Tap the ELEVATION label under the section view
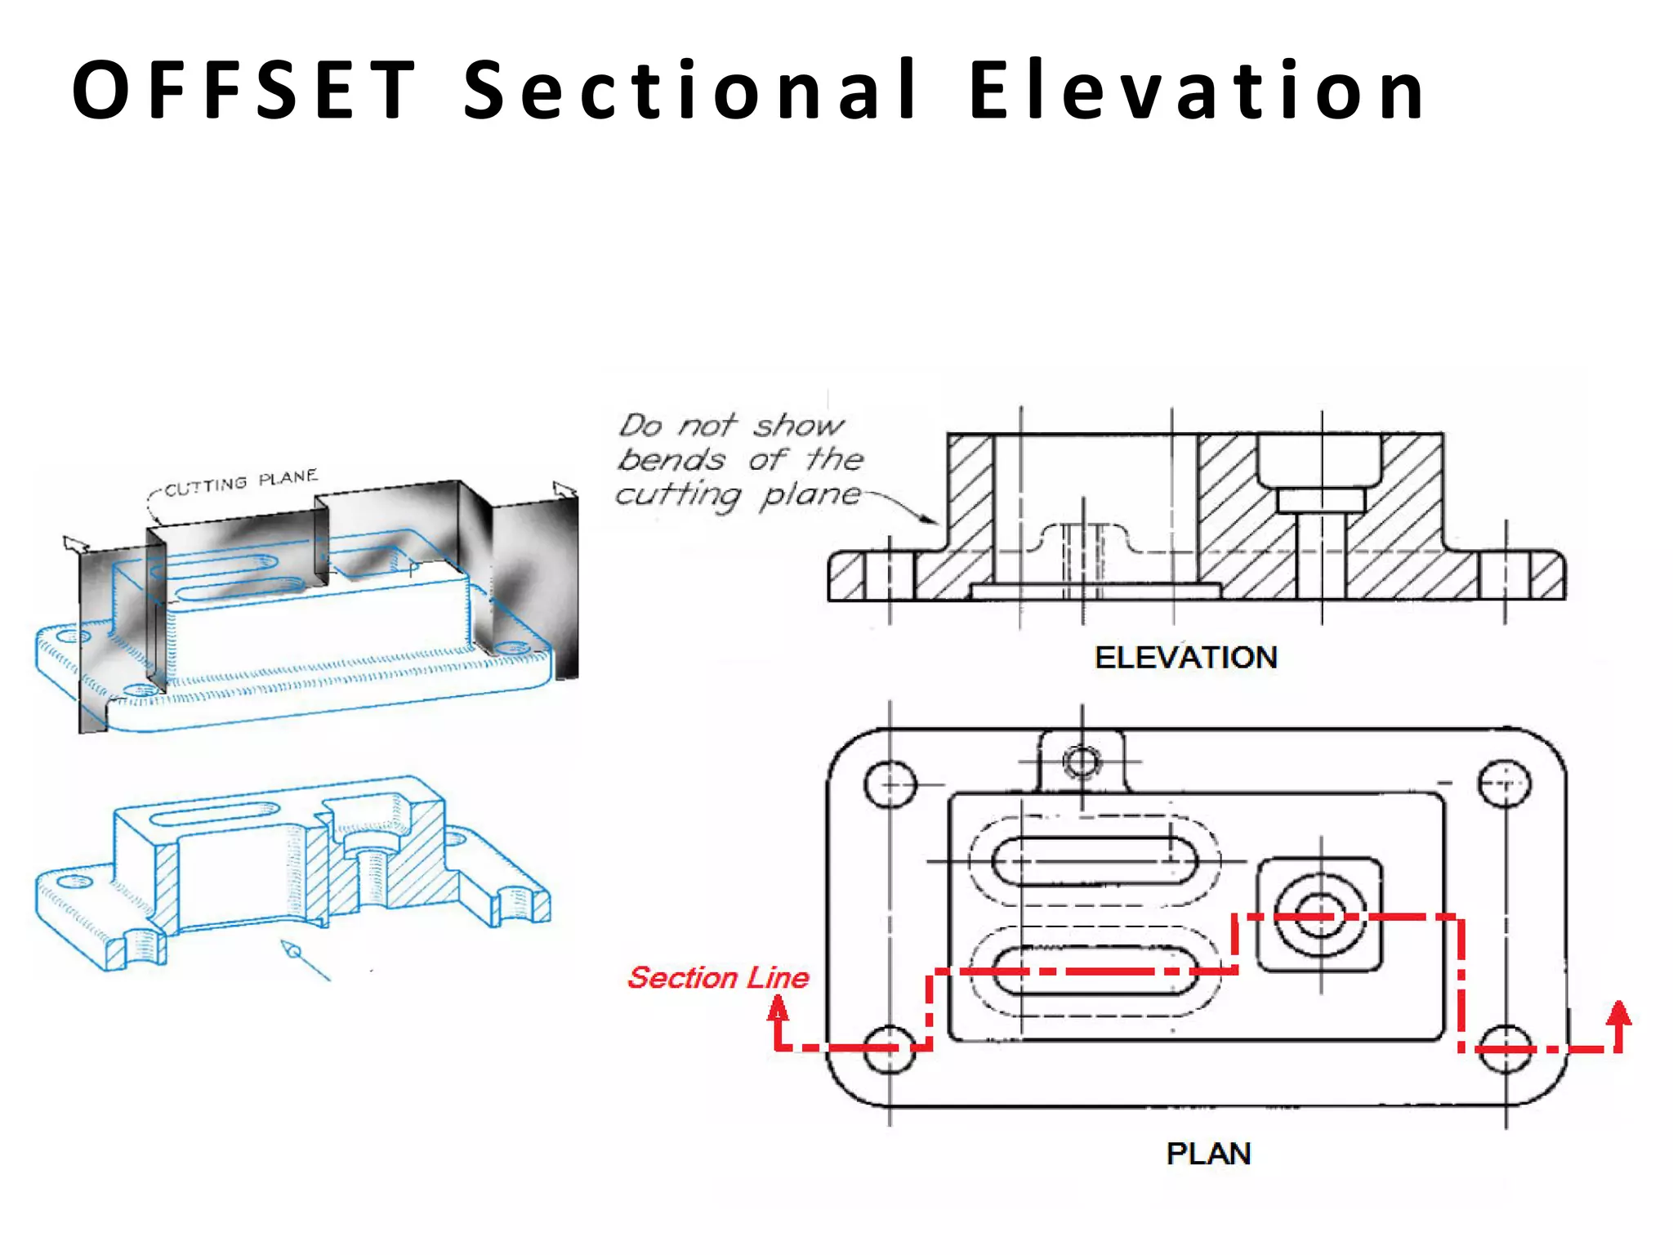point(1185,658)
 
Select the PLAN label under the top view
point(1208,1154)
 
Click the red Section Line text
point(718,978)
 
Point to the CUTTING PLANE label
point(241,483)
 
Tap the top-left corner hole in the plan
point(890,784)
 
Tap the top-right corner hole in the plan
point(1505,784)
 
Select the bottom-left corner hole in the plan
point(890,1049)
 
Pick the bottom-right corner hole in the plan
point(1506,1049)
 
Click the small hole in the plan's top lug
point(1082,762)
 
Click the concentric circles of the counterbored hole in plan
point(1321,915)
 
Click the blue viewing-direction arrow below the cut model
point(302,959)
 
